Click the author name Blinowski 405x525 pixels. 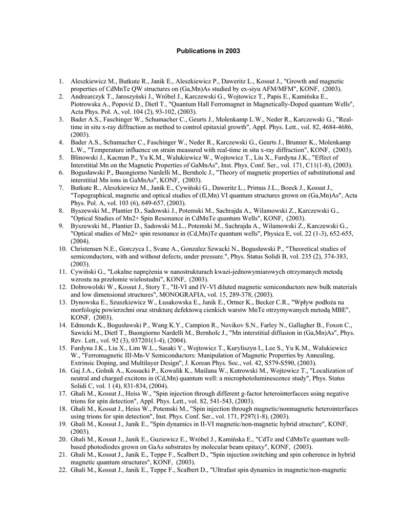86,158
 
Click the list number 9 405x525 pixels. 62,226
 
